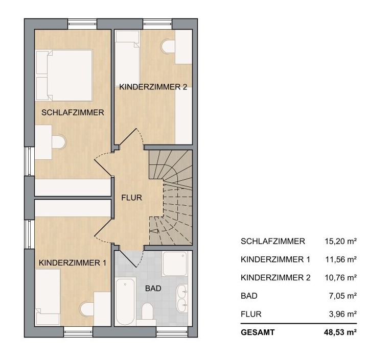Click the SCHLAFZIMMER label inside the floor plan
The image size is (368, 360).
[x=73, y=112]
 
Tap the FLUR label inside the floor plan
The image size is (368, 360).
[x=132, y=198]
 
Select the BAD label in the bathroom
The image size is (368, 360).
[x=153, y=288]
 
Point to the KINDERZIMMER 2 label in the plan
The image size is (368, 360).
[x=153, y=87]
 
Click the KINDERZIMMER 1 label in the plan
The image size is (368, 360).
[x=73, y=263]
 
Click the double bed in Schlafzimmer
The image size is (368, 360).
[x=64, y=75]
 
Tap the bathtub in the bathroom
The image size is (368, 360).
[x=125, y=301]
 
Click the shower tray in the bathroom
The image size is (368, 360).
[x=175, y=264]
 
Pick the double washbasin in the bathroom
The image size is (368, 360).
[x=182, y=298]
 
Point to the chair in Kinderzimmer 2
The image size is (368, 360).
[x=168, y=46]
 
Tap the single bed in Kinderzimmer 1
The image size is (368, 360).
[x=48, y=297]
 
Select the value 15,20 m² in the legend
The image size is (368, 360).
[x=341, y=241]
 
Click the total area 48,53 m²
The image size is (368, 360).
[x=340, y=332]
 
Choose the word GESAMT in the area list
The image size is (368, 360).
[x=258, y=332]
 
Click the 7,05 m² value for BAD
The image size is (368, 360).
[x=343, y=296]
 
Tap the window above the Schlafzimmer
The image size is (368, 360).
[x=82, y=24]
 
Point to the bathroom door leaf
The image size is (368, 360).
[x=127, y=259]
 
